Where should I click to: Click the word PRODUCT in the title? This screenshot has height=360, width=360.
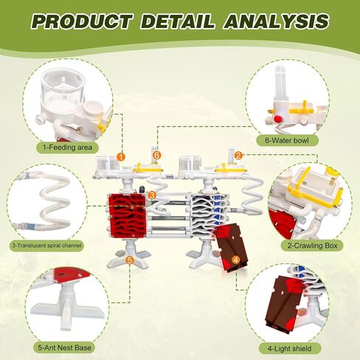tap(81, 21)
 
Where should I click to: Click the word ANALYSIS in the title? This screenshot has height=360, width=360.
tap(276, 21)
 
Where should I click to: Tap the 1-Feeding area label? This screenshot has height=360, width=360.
tap(68, 148)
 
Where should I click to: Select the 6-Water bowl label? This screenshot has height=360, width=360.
tap(287, 141)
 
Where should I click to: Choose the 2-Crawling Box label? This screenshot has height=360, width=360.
tap(313, 246)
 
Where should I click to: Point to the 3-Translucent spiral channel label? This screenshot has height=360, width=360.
tap(46, 246)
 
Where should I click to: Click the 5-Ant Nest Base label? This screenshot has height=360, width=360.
tap(65, 347)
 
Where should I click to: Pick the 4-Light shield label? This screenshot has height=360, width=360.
tap(290, 348)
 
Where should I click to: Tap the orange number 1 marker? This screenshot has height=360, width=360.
tap(121, 156)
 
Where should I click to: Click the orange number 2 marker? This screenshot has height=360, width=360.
tap(238, 155)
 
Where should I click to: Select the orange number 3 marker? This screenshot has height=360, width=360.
tap(153, 195)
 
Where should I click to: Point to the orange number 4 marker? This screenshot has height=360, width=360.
tap(236, 260)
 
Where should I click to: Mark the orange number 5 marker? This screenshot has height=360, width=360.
tap(130, 260)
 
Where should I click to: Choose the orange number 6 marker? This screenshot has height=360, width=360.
tap(157, 155)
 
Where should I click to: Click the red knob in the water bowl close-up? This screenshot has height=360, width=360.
tap(278, 119)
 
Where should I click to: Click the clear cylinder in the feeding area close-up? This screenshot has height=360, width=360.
tap(63, 87)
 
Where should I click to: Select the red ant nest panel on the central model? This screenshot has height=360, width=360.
tap(128, 216)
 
